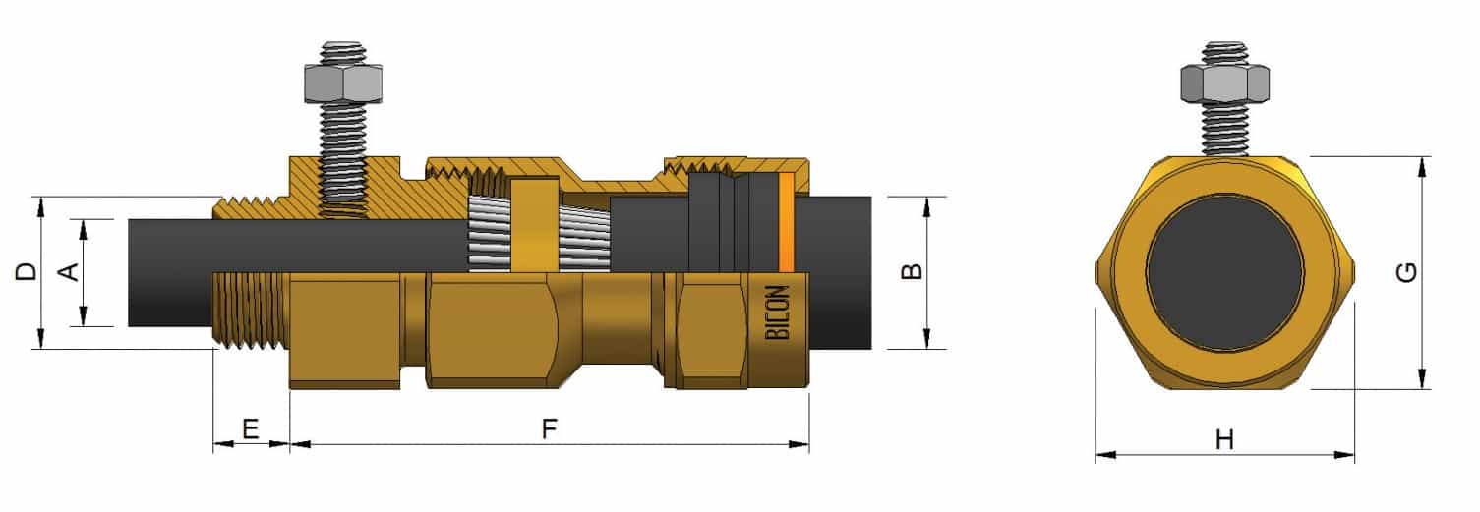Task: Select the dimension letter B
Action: [912, 272]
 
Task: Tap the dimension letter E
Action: [250, 428]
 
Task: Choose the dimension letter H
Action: [1224, 440]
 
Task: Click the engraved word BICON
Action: [777, 313]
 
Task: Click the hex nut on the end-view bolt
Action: [1223, 82]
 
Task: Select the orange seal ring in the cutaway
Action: [786, 223]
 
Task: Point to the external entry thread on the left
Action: [249, 313]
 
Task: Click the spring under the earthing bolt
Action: [343, 210]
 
